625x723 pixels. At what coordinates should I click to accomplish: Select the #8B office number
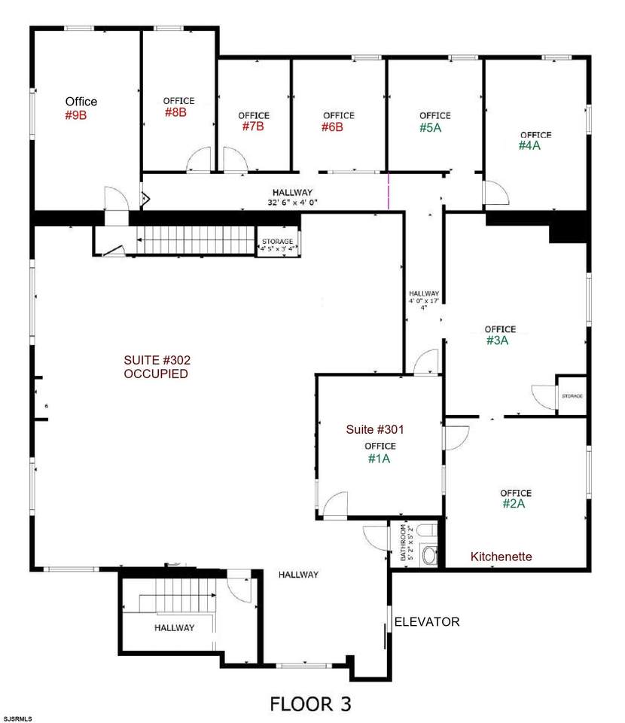pyautogui.click(x=175, y=112)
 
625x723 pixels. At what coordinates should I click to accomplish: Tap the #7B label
pyautogui.click(x=253, y=127)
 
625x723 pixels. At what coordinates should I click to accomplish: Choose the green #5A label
pyautogui.click(x=431, y=127)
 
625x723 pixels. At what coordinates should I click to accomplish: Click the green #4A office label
pyautogui.click(x=529, y=146)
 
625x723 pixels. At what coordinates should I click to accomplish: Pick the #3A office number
pyautogui.click(x=498, y=340)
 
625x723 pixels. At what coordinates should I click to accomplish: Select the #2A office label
pyautogui.click(x=514, y=504)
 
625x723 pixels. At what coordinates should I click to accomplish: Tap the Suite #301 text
pyautogui.click(x=375, y=430)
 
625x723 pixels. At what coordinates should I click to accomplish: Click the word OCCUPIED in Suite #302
pyautogui.click(x=156, y=374)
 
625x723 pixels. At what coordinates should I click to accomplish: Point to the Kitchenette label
pyautogui.click(x=501, y=557)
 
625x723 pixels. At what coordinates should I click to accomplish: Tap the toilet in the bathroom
pyautogui.click(x=430, y=556)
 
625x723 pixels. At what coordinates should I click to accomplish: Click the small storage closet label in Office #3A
pyautogui.click(x=572, y=395)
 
